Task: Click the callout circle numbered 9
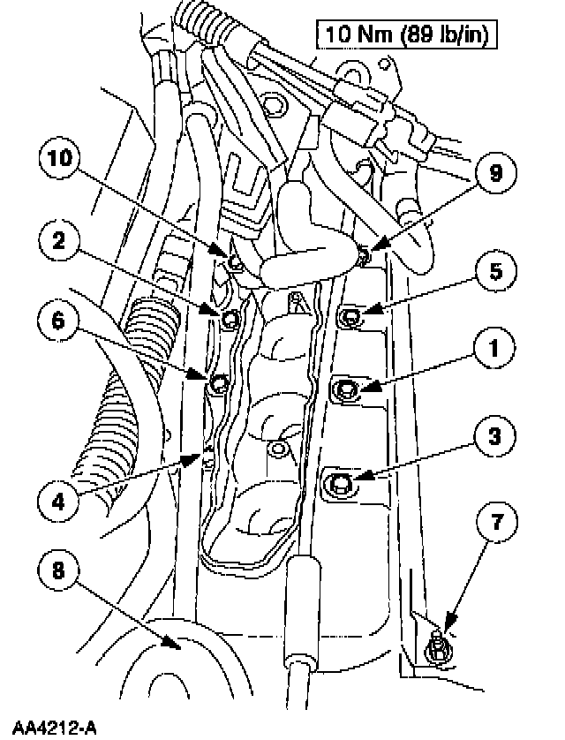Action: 495,173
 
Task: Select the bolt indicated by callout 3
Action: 338,482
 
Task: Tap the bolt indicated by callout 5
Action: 350,314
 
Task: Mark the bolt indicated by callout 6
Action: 219,384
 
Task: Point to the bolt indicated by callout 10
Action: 234,261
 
